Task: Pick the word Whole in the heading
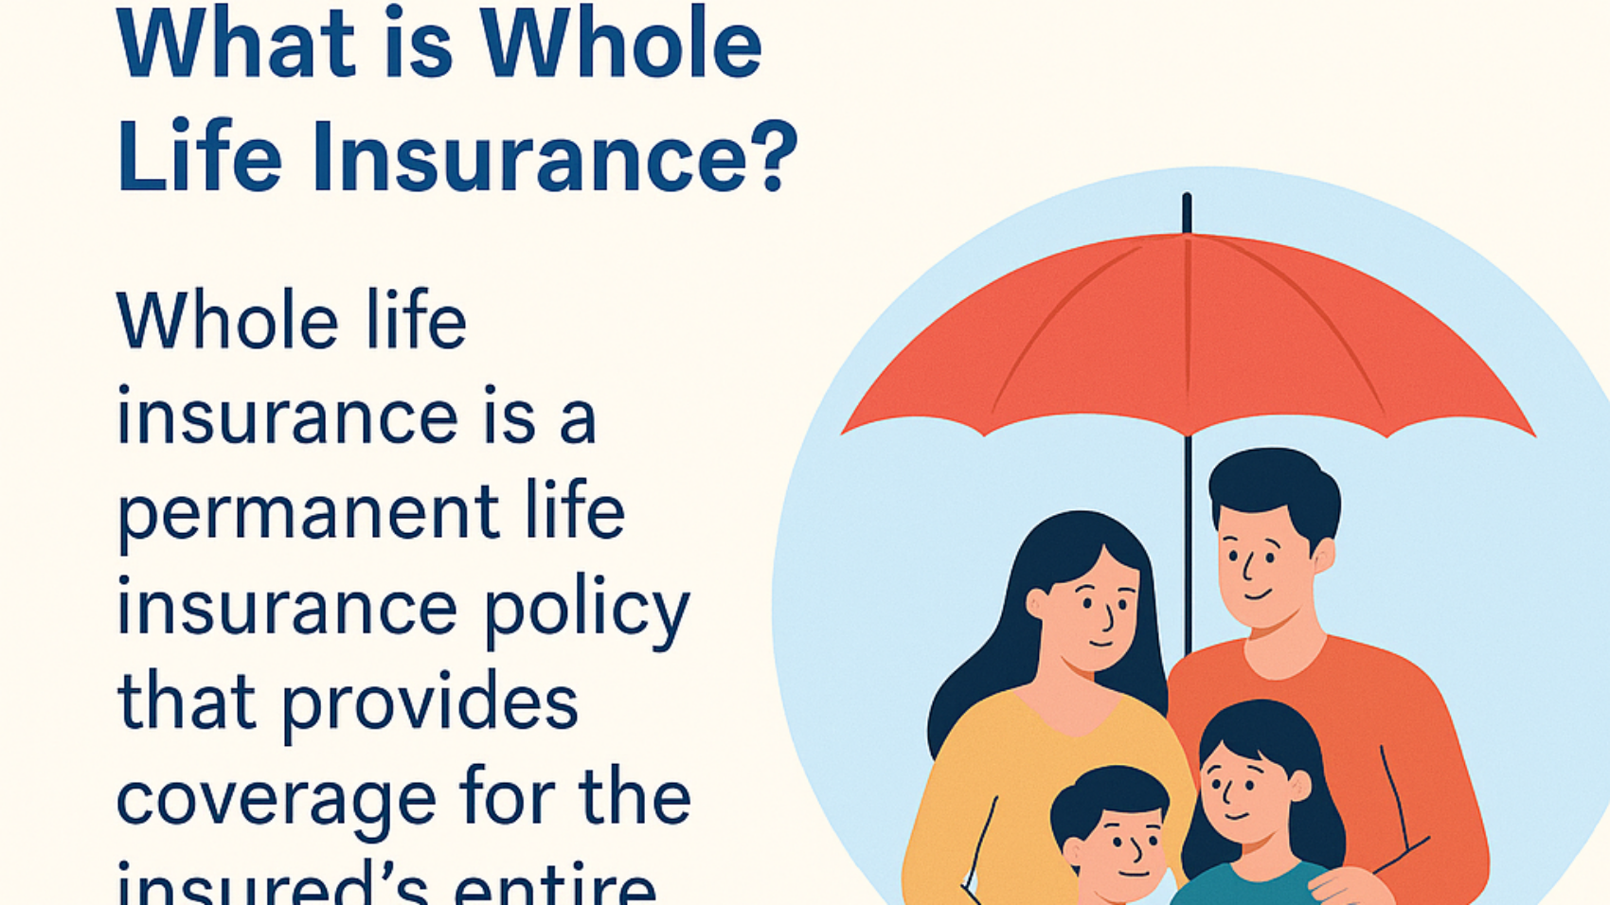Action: [620, 45]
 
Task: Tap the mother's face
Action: [1089, 615]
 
